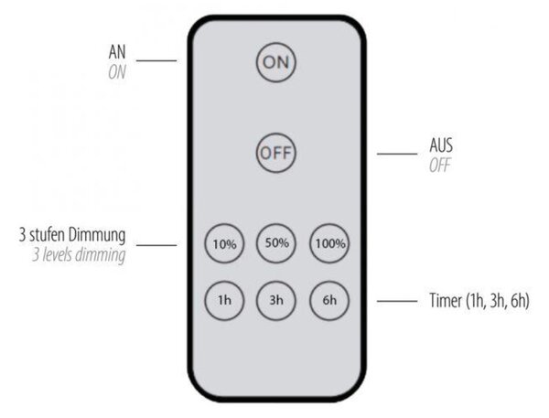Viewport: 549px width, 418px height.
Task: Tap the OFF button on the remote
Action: (276, 153)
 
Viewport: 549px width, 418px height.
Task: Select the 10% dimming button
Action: (224, 243)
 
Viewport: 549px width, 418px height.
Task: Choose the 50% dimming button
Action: (276, 243)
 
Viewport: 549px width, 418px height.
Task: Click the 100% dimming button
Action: (329, 243)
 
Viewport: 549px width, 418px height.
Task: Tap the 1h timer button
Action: (224, 300)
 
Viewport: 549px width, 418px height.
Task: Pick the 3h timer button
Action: (276, 300)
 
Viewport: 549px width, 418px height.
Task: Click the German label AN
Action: (117, 52)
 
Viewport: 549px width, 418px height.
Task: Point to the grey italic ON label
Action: (117, 72)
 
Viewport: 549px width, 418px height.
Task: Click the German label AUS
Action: (441, 145)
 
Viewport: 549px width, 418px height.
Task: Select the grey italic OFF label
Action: (440, 166)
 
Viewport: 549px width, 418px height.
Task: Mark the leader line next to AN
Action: (156, 60)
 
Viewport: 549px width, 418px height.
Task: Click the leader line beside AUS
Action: (397, 154)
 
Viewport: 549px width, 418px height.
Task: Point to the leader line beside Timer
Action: (397, 301)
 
